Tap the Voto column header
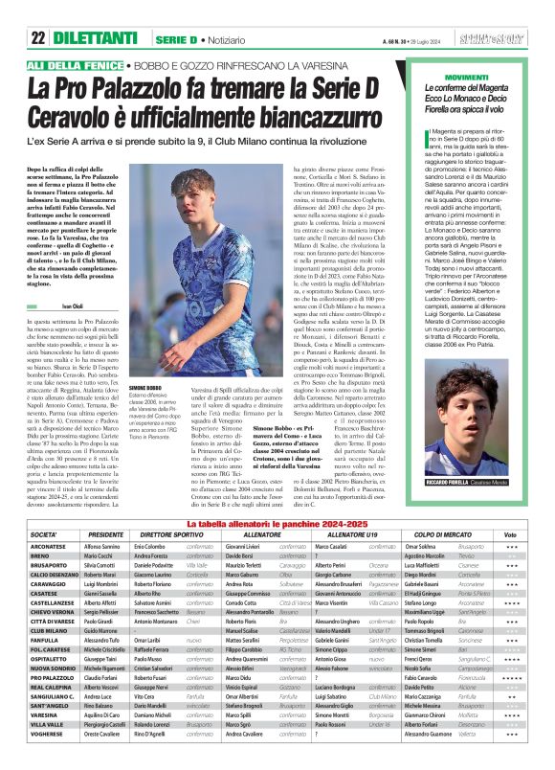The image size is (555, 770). coord(510,534)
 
